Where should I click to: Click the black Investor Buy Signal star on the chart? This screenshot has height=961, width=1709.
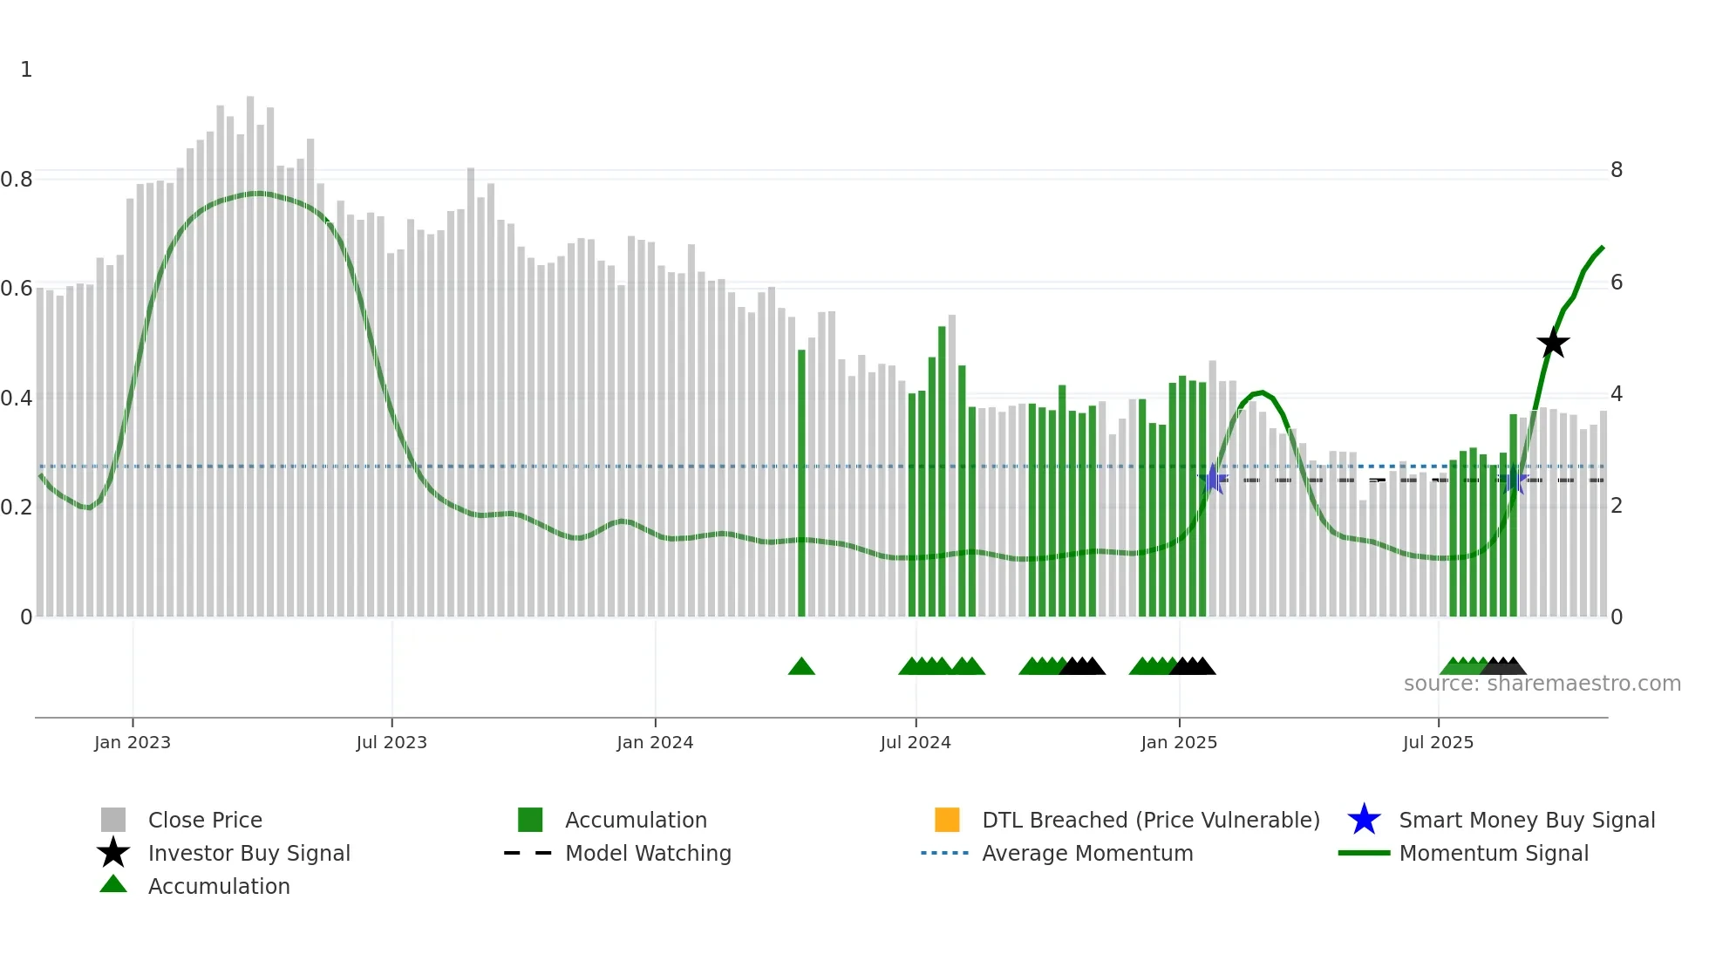1552,343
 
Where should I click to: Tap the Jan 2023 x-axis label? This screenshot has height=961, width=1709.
133,742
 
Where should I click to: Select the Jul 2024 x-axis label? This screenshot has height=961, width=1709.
915,742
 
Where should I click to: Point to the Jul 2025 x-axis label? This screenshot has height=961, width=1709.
1438,742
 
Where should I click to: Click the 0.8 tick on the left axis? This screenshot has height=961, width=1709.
17,180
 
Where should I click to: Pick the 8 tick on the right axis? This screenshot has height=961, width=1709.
1616,170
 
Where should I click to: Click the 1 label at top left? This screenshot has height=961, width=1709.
26,70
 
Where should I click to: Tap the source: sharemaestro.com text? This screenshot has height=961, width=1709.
1542,684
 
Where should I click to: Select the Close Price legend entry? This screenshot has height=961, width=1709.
205,820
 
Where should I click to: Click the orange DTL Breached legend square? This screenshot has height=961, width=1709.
947,820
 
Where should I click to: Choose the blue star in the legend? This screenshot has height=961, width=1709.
1364,820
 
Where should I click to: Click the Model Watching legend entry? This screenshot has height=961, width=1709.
648,853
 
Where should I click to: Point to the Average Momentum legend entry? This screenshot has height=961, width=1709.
1086,853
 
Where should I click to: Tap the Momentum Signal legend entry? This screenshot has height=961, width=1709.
1493,853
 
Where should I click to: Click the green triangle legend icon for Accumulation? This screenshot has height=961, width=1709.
113,884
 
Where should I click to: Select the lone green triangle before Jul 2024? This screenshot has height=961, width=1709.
801,667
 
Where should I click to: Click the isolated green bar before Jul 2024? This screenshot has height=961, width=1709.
801,484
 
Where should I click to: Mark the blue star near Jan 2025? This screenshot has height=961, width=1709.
1212,479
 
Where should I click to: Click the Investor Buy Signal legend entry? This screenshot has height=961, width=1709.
249,853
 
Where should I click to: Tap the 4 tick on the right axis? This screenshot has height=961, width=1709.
1616,394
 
